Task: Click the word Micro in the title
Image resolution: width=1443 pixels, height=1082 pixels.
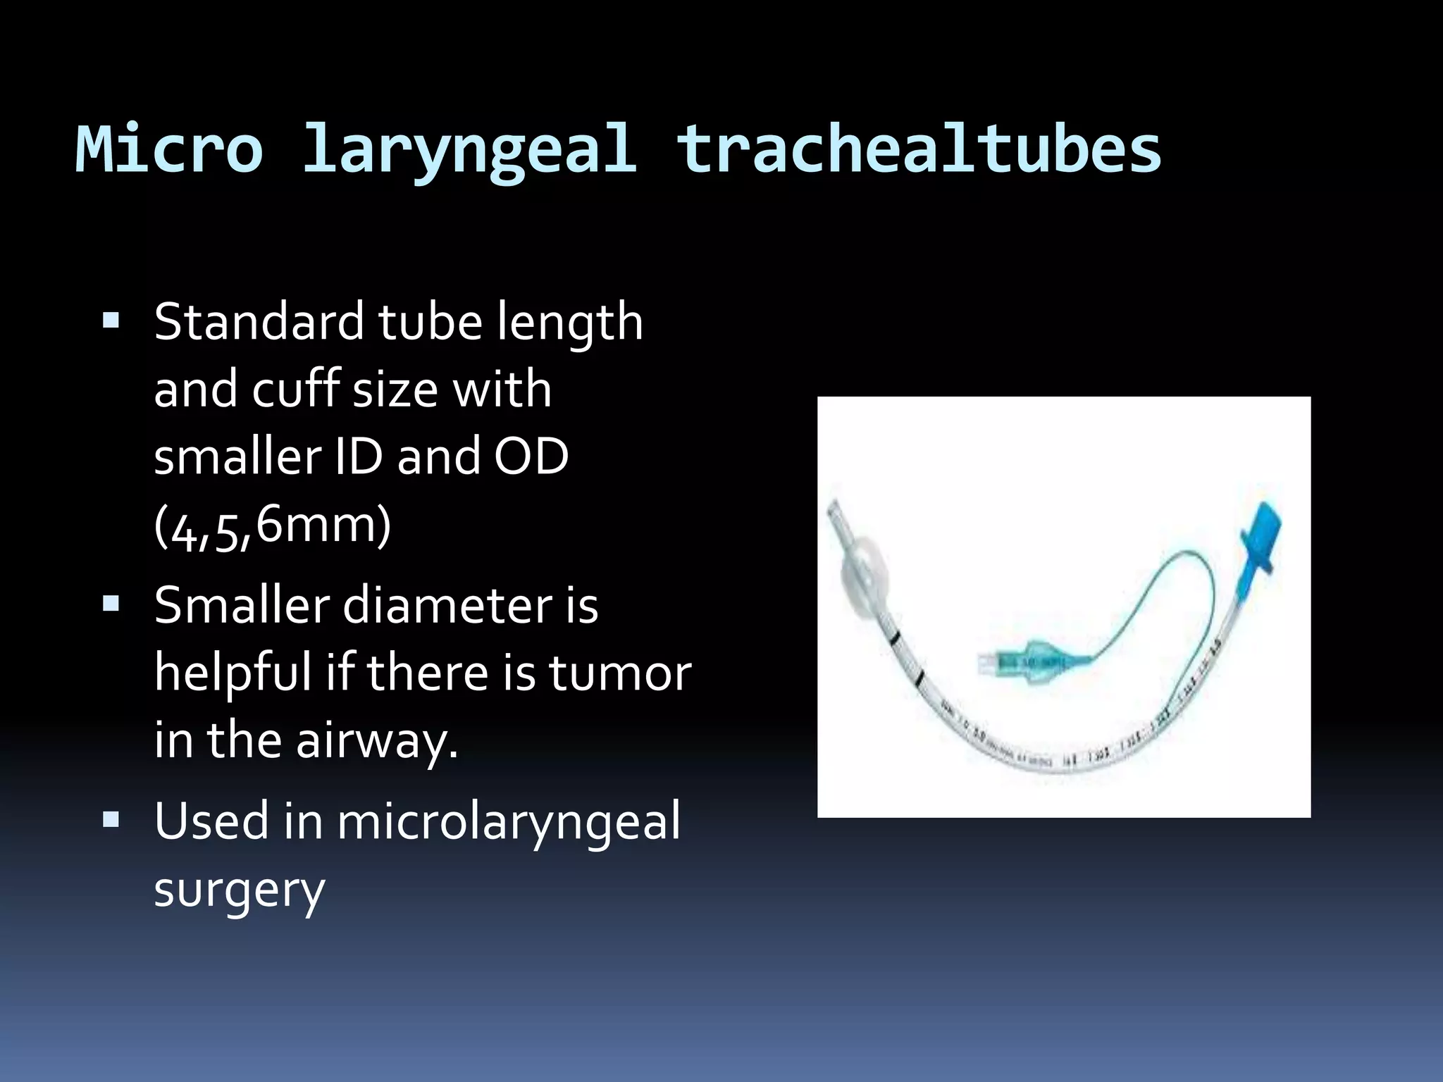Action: tap(169, 149)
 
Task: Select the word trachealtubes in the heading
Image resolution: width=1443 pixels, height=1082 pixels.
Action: tap(918, 149)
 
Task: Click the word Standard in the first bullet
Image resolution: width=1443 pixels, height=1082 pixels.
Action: tap(259, 322)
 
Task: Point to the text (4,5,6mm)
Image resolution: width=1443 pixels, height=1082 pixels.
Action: tap(272, 527)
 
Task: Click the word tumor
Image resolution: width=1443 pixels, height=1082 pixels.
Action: tap(620, 673)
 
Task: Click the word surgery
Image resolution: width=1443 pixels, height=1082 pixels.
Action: tap(240, 890)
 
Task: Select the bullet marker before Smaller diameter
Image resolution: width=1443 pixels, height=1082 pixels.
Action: tap(111, 604)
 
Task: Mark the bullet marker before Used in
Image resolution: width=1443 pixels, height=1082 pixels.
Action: tap(111, 820)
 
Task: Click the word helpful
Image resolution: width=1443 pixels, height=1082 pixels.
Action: tap(233, 673)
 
